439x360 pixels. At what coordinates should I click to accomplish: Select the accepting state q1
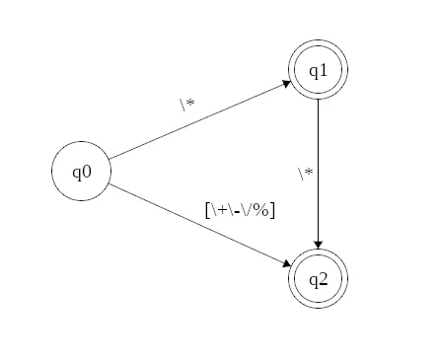click(x=318, y=71)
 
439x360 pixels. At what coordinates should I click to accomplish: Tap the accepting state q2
click(x=318, y=278)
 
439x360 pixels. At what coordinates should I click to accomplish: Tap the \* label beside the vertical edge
click(x=305, y=174)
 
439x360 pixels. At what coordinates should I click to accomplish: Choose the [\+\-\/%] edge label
click(x=240, y=210)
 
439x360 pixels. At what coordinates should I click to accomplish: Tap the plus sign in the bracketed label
click(x=222, y=210)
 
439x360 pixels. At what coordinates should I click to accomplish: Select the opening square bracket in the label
click(x=207, y=210)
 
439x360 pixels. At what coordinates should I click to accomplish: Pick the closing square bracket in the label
click(x=273, y=210)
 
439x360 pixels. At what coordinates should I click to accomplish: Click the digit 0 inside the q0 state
click(x=88, y=172)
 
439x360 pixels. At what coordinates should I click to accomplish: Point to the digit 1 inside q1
click(x=324, y=71)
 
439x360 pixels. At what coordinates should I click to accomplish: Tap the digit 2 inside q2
click(x=324, y=278)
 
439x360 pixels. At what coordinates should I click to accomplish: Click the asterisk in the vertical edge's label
click(x=309, y=174)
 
